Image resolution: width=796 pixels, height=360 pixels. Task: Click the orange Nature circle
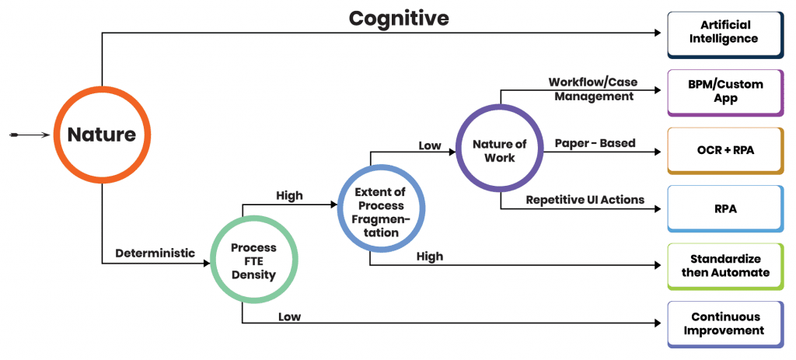(102, 135)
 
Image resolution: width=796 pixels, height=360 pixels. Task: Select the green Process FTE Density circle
(253, 260)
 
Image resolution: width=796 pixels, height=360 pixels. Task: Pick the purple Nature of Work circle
(499, 150)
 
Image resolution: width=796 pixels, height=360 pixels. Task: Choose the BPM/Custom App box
(725, 92)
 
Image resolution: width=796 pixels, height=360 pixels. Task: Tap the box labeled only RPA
(725, 208)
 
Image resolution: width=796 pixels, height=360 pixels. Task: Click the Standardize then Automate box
(725, 265)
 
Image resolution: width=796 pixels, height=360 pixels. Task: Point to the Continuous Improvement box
(725, 323)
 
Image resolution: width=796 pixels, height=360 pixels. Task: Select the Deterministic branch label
(155, 253)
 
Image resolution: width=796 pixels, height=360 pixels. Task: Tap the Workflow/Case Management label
(591, 89)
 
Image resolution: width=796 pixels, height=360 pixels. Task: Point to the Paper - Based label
(595, 143)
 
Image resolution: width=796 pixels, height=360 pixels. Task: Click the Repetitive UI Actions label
(585, 200)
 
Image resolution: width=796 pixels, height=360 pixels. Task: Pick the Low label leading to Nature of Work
(429, 145)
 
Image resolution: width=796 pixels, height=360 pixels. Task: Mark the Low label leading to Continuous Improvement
(289, 316)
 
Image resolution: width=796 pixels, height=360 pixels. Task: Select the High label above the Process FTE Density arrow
(289, 196)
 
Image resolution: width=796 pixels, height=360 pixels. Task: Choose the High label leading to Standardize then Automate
(429, 257)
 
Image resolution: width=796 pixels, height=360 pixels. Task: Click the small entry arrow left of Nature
(26, 135)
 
